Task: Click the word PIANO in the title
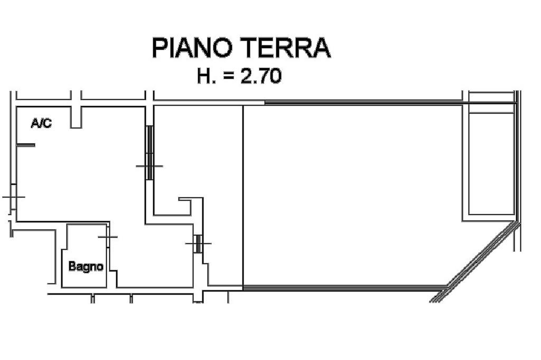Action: pos(192,48)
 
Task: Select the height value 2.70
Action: pos(261,77)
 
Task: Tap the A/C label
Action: pos(41,124)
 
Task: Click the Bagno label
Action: pos(86,267)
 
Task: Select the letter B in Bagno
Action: pos(72,266)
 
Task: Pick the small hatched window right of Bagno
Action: pos(198,244)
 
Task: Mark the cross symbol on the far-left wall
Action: pos(13,197)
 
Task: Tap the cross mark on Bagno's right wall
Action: pos(108,237)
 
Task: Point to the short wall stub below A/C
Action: pos(25,145)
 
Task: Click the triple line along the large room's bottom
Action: pos(343,288)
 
